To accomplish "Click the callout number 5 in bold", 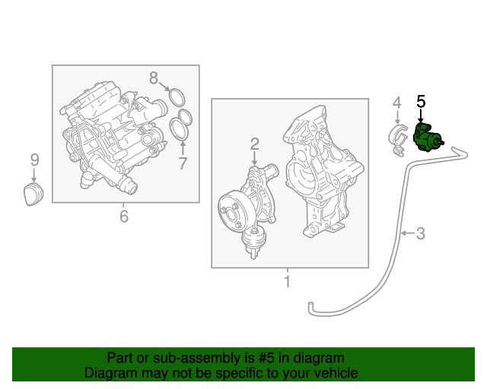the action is [421, 102].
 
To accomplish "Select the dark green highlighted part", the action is [426, 137].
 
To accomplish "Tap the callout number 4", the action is [397, 103].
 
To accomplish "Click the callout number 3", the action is [421, 233].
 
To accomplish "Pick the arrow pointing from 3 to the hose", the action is [408, 232].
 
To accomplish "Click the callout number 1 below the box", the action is [288, 281].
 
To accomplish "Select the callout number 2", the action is [254, 144].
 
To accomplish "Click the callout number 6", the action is [123, 216].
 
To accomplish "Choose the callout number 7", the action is [183, 163].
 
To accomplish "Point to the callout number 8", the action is [154, 78].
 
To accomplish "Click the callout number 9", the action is [34, 160].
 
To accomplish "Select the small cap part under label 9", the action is [33, 194].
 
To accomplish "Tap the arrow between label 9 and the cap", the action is [33, 175].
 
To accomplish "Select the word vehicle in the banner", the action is [338, 372].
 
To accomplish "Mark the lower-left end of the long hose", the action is [310, 304].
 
